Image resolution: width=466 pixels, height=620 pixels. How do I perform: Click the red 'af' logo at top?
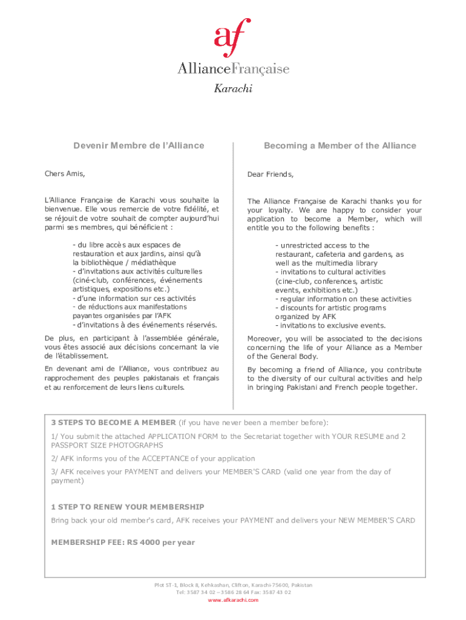[x=232, y=38]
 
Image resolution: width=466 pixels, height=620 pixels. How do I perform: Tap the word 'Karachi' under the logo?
[x=233, y=88]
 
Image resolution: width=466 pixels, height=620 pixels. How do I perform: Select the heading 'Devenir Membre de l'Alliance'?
[x=139, y=146]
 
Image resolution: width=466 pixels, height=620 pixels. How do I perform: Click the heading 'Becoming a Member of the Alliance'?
[x=340, y=146]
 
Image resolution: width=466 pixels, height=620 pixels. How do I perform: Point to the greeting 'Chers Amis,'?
[x=65, y=174]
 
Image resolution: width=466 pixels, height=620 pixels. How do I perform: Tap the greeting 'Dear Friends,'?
[x=270, y=175]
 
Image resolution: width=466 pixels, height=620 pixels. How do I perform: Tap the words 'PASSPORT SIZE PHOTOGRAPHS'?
[x=107, y=445]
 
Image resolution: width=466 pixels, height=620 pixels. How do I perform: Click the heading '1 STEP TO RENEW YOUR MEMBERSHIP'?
[x=128, y=507]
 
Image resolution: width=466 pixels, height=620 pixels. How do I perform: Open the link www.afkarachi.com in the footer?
[x=233, y=600]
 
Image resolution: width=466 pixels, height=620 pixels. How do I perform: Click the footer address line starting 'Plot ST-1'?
[x=233, y=585]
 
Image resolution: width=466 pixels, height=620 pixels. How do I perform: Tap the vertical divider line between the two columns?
[x=233, y=272]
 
